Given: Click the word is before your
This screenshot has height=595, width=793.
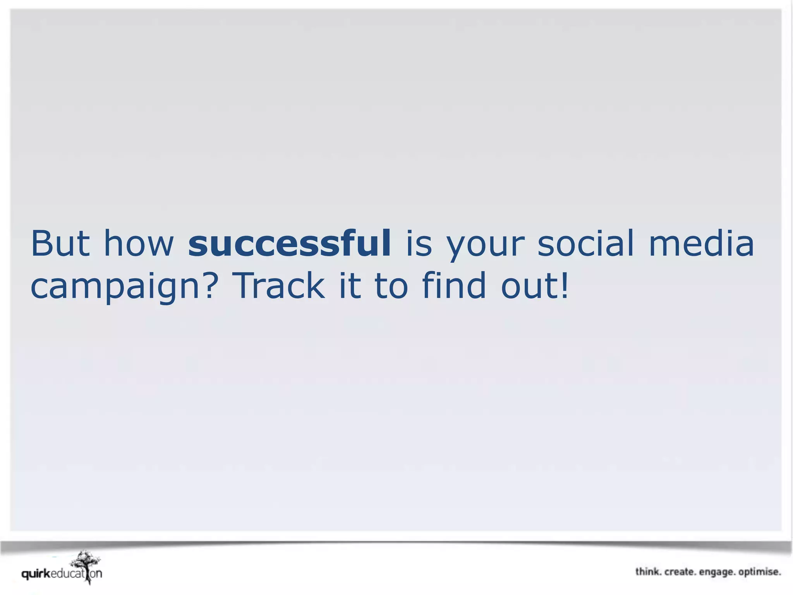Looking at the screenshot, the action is point(419,244).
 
